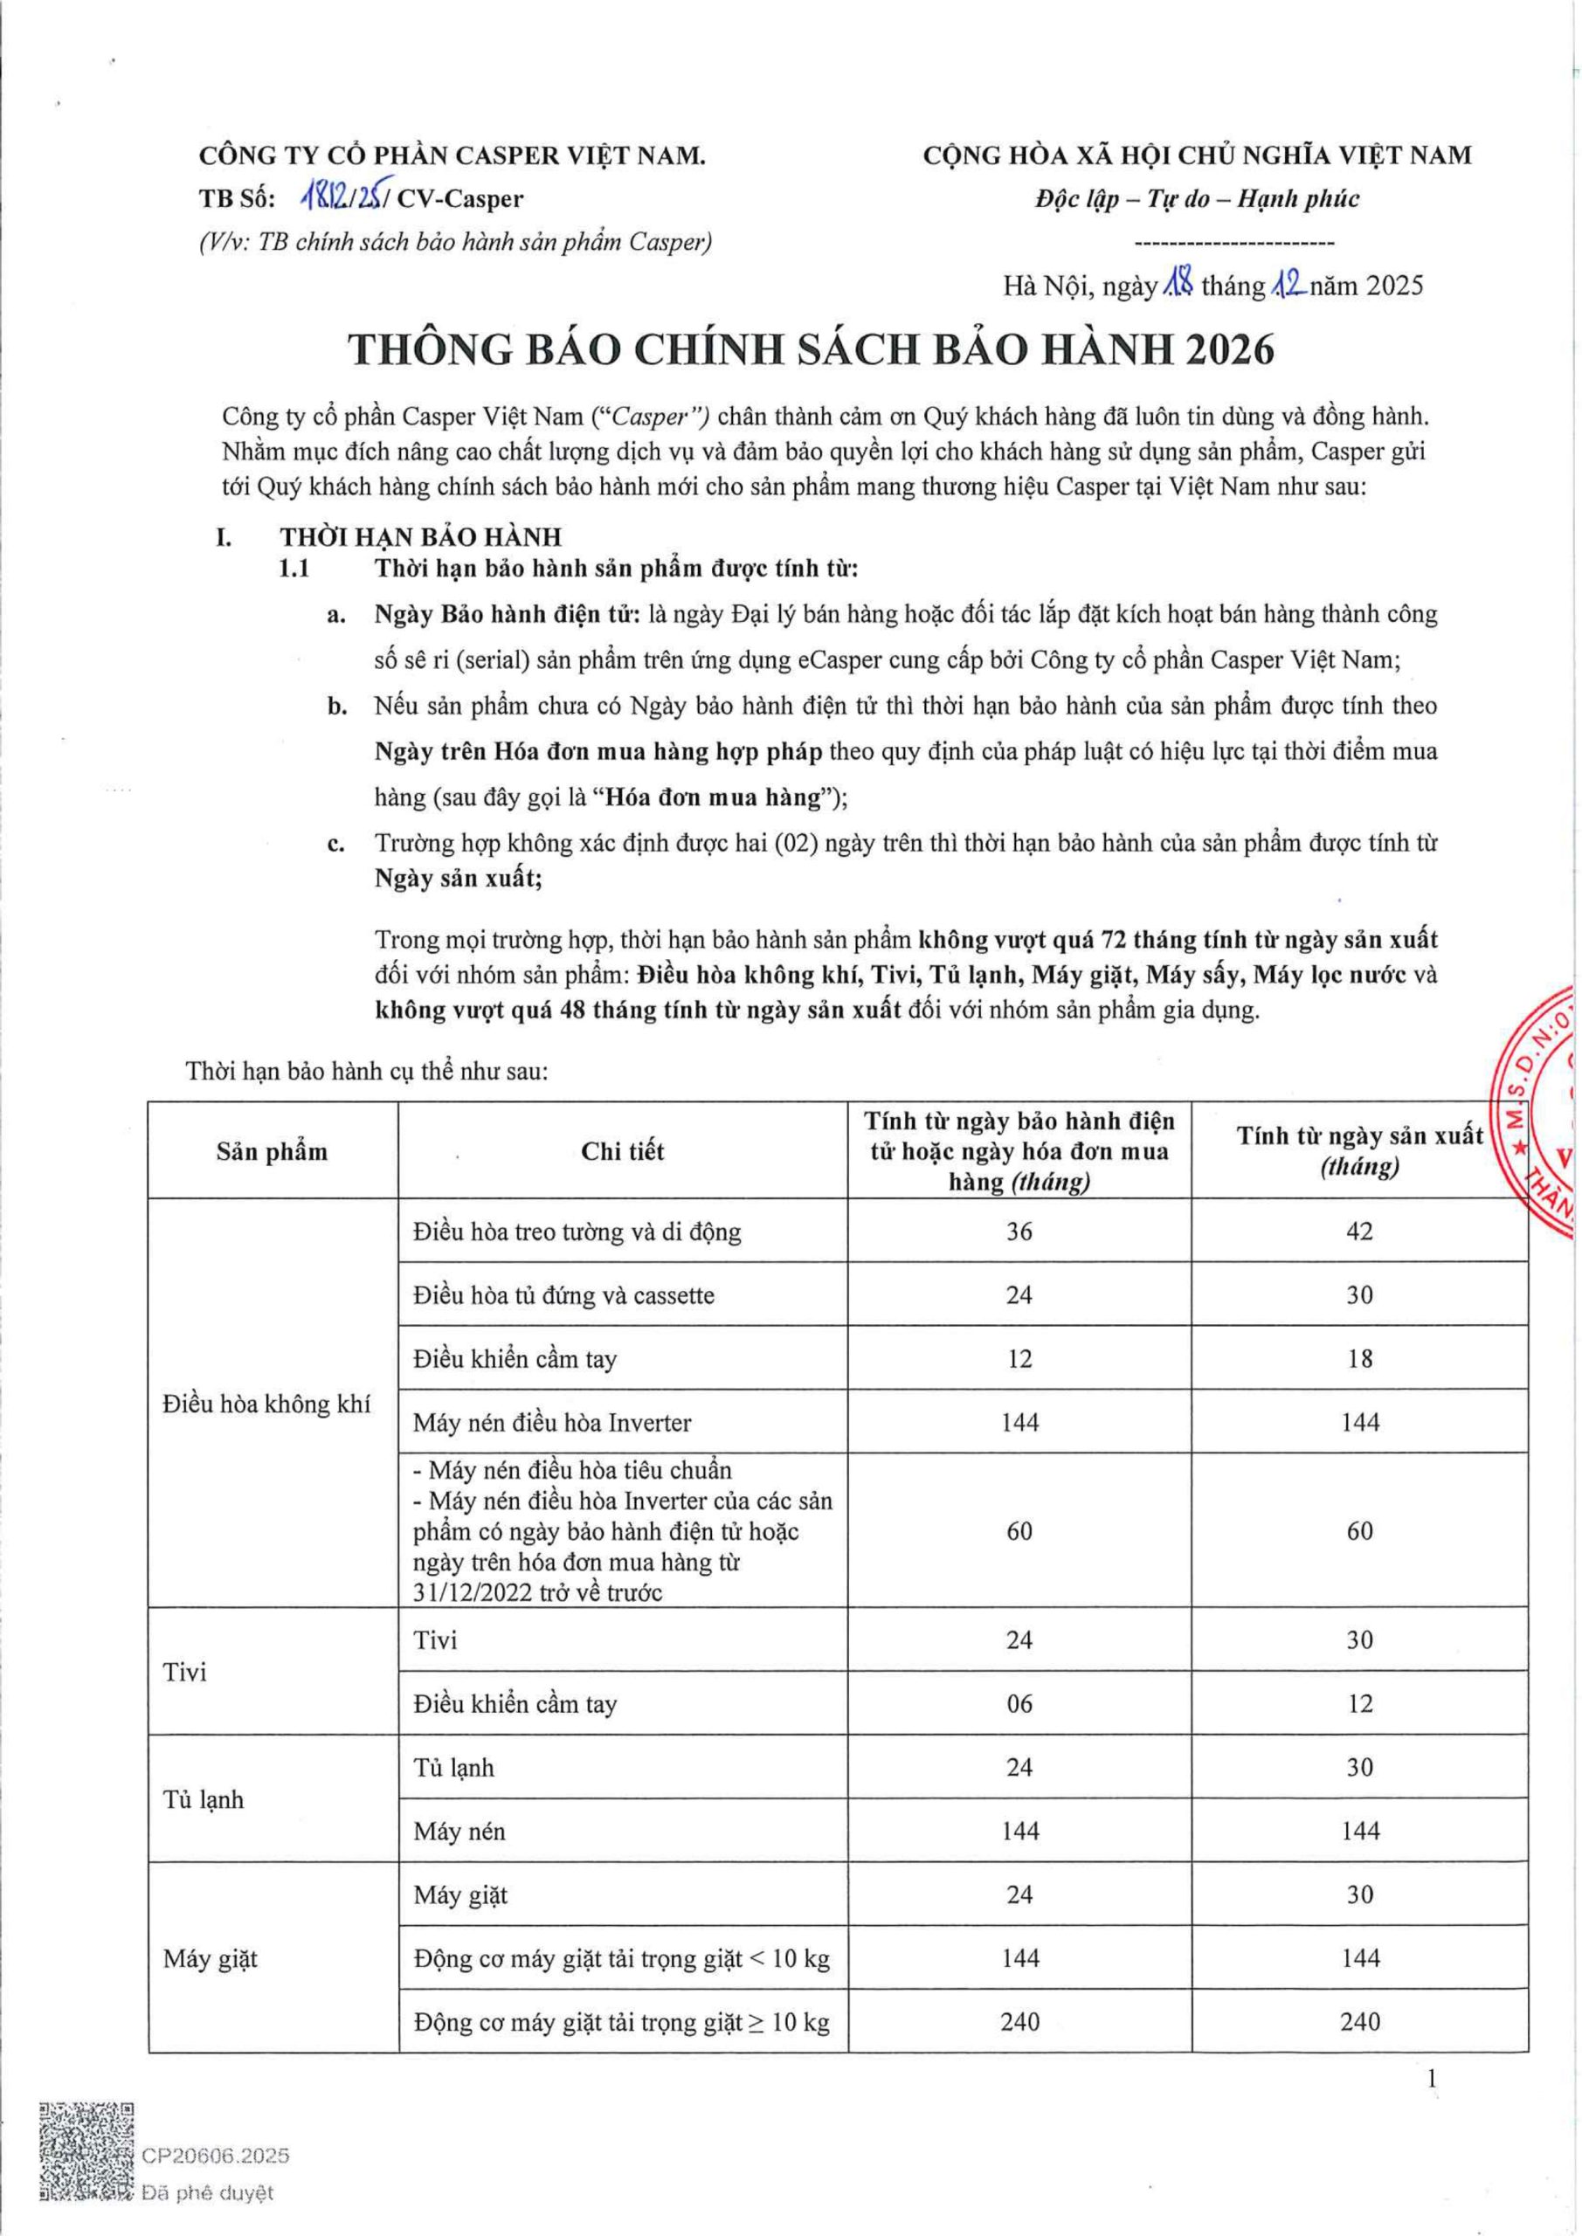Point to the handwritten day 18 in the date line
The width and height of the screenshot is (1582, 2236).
tap(1178, 285)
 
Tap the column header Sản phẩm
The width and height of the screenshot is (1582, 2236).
tap(272, 1151)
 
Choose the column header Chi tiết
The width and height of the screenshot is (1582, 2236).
tap(623, 1151)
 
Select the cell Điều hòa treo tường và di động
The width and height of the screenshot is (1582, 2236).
tap(577, 1232)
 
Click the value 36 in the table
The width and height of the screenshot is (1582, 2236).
tap(1019, 1231)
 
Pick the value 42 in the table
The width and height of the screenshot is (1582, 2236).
tap(1359, 1231)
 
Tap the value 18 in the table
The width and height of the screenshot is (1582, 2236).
tap(1359, 1358)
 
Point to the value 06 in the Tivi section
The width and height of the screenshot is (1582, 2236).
tap(1019, 1703)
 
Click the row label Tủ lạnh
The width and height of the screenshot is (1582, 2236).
tap(204, 1798)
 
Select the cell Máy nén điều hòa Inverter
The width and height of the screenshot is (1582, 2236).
tap(551, 1423)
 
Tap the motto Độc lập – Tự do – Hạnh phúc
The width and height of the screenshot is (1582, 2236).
tap(1198, 198)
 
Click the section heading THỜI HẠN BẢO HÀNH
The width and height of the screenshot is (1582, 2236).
tap(421, 536)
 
